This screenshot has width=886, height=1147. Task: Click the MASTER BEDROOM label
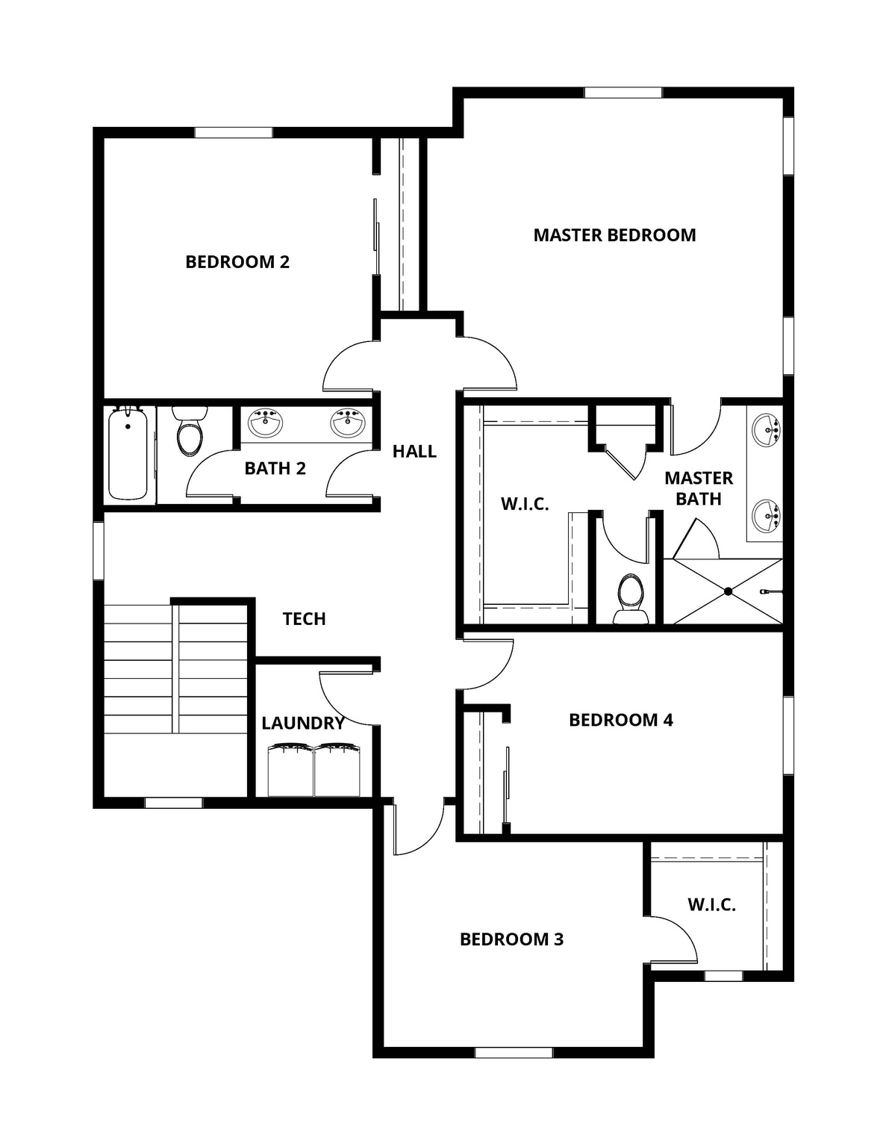pyautogui.click(x=614, y=235)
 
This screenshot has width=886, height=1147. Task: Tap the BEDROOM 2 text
pyautogui.click(x=237, y=262)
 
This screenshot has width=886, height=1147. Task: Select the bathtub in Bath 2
pyautogui.click(x=128, y=456)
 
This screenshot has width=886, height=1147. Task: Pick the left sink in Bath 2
pyautogui.click(x=265, y=423)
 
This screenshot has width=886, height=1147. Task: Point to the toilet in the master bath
pyautogui.click(x=629, y=598)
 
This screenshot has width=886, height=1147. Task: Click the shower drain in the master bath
pyautogui.click(x=728, y=591)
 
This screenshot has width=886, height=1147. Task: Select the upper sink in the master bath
pyautogui.click(x=767, y=432)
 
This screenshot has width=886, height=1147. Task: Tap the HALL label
pyautogui.click(x=414, y=451)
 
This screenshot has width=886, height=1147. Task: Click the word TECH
pyautogui.click(x=304, y=619)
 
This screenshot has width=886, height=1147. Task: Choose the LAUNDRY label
pyautogui.click(x=302, y=723)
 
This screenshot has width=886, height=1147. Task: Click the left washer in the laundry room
pyautogui.click(x=290, y=769)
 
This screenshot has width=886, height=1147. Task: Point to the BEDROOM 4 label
pyautogui.click(x=620, y=720)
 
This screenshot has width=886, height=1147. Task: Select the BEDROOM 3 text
pyautogui.click(x=511, y=939)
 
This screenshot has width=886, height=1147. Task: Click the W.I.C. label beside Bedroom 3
pyautogui.click(x=711, y=905)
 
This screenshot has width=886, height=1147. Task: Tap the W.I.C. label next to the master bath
pyautogui.click(x=525, y=504)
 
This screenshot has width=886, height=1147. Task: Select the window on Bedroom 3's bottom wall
pyautogui.click(x=514, y=1052)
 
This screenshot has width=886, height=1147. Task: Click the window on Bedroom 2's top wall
pyautogui.click(x=234, y=132)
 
